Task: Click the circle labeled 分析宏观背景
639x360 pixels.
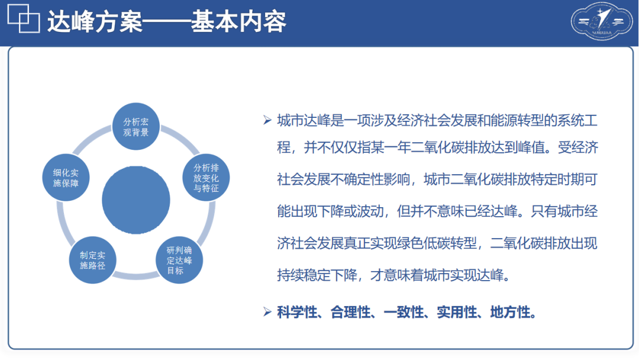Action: (x=135, y=126)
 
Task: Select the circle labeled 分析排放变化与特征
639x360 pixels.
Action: (x=206, y=178)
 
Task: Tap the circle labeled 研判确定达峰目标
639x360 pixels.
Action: (x=179, y=260)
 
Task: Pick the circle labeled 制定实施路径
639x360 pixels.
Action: (x=92, y=260)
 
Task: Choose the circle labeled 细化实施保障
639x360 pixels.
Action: (x=66, y=178)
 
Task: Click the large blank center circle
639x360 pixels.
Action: (x=135, y=200)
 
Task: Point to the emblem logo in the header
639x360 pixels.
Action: (x=602, y=21)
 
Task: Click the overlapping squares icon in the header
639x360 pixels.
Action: (x=24, y=18)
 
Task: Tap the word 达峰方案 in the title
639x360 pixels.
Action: (x=95, y=21)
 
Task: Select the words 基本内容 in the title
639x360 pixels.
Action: (x=238, y=21)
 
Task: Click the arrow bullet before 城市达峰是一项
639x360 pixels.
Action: (x=267, y=120)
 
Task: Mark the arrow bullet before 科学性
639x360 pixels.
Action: (x=267, y=312)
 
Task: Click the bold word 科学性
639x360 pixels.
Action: (x=297, y=312)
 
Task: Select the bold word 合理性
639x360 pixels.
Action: (x=350, y=312)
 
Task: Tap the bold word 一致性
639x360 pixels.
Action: (x=404, y=312)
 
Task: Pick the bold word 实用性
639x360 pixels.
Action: (x=457, y=312)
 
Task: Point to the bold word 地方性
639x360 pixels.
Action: (x=510, y=312)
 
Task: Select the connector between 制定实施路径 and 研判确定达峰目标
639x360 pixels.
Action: (x=136, y=277)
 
